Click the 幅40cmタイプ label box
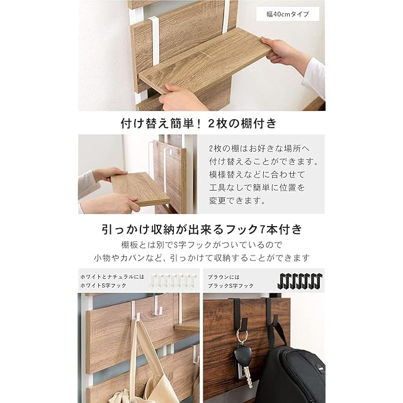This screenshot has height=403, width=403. (288, 14)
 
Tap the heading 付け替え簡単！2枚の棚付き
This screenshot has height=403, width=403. (199, 123)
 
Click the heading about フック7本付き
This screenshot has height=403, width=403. (201, 229)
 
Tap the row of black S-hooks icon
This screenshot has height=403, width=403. (300, 281)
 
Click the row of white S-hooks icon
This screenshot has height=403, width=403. (174, 280)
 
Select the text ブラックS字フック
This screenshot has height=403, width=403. (230, 285)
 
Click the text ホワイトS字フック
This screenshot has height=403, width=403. (103, 285)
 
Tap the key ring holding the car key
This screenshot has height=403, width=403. (242, 338)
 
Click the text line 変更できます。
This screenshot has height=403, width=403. (237, 200)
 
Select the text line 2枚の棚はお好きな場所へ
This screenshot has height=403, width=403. (259, 149)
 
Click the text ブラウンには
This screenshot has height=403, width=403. (224, 277)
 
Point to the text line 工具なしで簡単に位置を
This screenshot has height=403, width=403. (257, 188)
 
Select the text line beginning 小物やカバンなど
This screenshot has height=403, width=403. (201, 258)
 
